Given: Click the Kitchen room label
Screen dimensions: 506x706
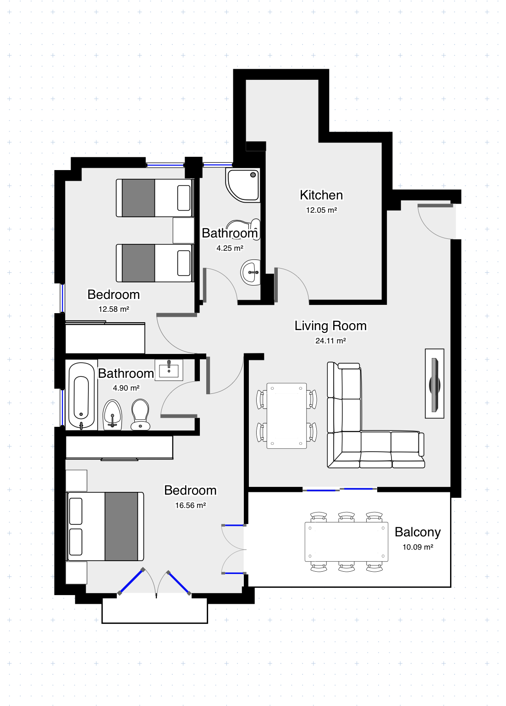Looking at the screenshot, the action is click(x=321, y=195).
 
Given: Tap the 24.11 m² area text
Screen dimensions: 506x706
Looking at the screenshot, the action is click(x=330, y=341).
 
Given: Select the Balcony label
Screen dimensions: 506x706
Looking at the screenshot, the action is click(x=418, y=532).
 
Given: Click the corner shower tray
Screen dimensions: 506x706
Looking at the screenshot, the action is click(x=242, y=185).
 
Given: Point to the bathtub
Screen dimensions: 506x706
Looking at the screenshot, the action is click(x=81, y=396).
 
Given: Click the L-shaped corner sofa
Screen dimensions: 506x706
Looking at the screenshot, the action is click(x=375, y=415).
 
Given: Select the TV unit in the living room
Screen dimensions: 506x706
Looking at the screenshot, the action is click(x=434, y=384).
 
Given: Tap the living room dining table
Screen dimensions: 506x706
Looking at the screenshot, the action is click(x=286, y=416).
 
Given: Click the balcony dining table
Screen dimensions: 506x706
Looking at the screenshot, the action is click(x=346, y=542).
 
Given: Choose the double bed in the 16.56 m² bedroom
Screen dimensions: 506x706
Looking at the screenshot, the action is click(x=105, y=526).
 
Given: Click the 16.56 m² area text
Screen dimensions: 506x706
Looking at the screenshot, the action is click(x=190, y=506).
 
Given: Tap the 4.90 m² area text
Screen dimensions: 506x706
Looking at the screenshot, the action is click(x=126, y=388).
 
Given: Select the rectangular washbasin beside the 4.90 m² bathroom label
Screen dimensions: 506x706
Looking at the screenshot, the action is click(x=169, y=370).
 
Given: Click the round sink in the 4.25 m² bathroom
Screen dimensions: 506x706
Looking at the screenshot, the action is click(x=251, y=272).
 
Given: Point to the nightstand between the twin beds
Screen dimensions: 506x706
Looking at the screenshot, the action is click(x=183, y=231).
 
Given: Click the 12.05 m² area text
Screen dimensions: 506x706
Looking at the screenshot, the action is click(x=321, y=210).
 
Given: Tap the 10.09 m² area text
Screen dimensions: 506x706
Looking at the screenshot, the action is click(x=418, y=547).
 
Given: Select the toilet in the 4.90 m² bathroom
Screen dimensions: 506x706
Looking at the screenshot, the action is click(x=140, y=414).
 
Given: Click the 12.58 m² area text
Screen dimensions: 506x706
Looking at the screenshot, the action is click(x=114, y=309).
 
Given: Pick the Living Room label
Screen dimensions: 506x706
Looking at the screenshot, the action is click(x=330, y=326).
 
